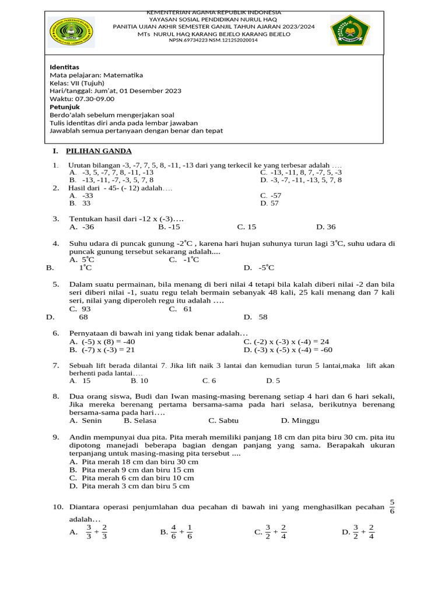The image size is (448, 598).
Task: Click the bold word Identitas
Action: pos(64,67)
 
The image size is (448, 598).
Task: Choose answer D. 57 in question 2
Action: pos(269,204)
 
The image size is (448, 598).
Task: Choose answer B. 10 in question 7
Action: pos(139,381)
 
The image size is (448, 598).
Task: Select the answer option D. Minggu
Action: pos(300,420)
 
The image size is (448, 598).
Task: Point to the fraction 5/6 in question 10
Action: pos(392,507)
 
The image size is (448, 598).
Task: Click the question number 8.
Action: pos(56,397)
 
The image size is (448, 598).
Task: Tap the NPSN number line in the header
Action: pos(212,40)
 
